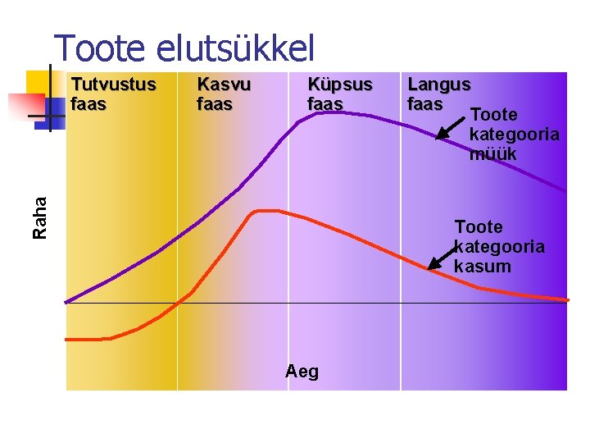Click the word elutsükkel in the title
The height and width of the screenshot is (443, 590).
234,48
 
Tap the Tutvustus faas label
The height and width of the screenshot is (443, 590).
113,94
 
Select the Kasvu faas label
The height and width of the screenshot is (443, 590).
224,94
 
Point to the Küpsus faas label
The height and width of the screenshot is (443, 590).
339,94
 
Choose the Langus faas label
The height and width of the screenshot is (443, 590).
438,94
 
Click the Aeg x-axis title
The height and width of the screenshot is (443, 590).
302,372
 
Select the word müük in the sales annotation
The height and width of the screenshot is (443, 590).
492,153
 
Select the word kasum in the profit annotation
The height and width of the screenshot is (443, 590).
482,267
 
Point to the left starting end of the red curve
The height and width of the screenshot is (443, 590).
67,339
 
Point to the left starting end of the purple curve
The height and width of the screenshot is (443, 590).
67,301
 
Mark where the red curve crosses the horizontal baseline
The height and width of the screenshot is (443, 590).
174,304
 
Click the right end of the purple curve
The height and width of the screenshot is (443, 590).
565,190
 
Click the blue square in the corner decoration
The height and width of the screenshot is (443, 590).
55,108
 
